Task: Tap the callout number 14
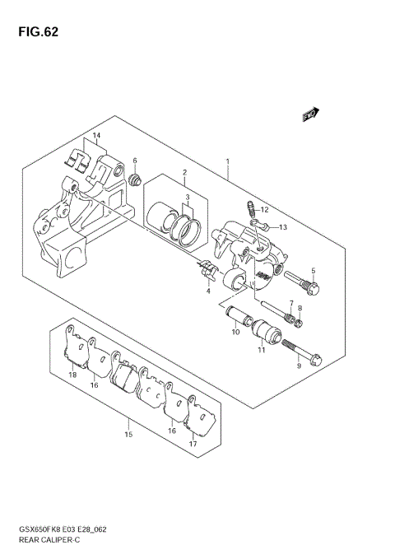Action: click(96, 135)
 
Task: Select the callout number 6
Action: click(134, 161)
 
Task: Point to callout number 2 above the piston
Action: click(184, 172)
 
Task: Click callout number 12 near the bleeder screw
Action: click(265, 210)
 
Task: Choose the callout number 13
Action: click(282, 226)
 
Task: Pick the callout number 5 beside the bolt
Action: click(313, 271)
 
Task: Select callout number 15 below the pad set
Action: click(128, 434)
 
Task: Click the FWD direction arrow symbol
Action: click(310, 115)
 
